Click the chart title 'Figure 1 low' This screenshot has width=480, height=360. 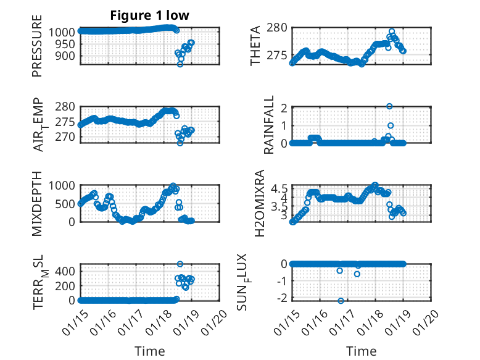[150, 15]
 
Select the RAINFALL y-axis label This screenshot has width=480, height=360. [269, 125]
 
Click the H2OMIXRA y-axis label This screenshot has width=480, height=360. [260, 203]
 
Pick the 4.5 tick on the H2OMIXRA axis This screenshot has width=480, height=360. [278, 188]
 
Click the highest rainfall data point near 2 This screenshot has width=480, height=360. [389, 106]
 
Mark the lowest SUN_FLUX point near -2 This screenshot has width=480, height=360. [341, 301]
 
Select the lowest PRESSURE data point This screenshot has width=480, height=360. [180, 64]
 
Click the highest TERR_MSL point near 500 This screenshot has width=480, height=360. [180, 264]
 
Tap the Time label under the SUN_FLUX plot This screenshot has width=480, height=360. [362, 351]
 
